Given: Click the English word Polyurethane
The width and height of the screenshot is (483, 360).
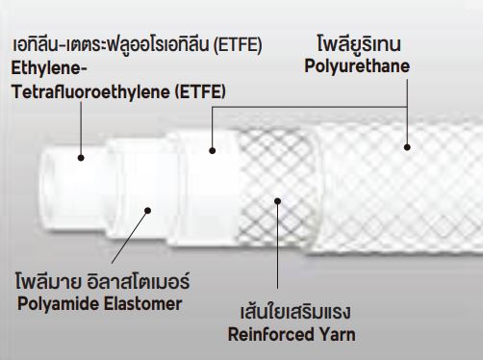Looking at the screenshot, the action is pyautogui.click(x=357, y=66).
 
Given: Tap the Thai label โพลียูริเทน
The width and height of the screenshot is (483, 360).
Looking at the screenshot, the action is pyautogui.click(x=359, y=43).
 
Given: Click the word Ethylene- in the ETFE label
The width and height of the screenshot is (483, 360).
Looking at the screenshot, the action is pyautogui.click(x=49, y=69).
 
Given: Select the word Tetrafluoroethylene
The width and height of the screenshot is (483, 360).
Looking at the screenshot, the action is pyautogui.click(x=90, y=91).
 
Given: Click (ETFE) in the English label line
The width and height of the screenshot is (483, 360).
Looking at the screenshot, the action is pyautogui.click(x=200, y=91).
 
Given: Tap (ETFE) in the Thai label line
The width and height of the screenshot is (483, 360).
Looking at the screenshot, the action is pyautogui.click(x=238, y=44).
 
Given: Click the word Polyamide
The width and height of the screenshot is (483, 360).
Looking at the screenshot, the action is pyautogui.click(x=58, y=303).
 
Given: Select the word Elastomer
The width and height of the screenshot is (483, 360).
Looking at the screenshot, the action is pyautogui.click(x=143, y=303).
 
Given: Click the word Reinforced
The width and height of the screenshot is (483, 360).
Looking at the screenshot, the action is pyautogui.click(x=271, y=334).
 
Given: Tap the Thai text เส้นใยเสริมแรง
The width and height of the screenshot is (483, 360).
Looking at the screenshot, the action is pyautogui.click(x=295, y=311).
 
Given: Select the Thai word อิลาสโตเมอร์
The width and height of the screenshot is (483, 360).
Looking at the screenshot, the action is pyautogui.click(x=139, y=280).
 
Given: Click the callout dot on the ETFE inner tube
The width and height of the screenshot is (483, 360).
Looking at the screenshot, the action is pyautogui.click(x=81, y=158).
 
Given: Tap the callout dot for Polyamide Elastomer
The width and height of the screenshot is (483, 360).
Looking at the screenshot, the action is pyautogui.click(x=147, y=211).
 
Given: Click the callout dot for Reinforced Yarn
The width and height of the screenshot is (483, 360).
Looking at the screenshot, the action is pyautogui.click(x=278, y=201).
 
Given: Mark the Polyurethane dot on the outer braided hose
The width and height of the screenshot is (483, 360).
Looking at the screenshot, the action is pyautogui.click(x=407, y=147).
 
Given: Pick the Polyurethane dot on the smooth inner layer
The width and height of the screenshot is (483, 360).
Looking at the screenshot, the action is pyautogui.click(x=212, y=150).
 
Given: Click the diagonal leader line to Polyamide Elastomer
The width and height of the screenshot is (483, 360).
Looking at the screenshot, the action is pyautogui.click(x=130, y=237).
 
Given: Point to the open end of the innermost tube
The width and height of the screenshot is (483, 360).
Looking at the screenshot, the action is pyautogui.click(x=45, y=191).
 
